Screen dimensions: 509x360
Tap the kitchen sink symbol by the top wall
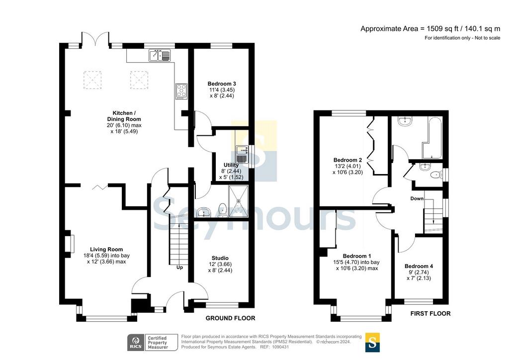tap(160, 55)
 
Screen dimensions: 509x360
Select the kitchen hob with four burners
tap(181, 91)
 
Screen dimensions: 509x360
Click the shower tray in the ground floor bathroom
tap(239, 201)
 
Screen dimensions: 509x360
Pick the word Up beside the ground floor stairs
tap(179, 268)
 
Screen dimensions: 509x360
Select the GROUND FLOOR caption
tap(231, 318)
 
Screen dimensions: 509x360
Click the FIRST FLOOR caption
tap(430, 314)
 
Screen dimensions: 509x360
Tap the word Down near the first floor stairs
tap(417, 199)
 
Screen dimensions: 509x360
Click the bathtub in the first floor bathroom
tap(432, 138)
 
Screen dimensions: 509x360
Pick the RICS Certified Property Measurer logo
tap(153, 343)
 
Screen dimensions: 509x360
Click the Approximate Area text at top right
tap(430, 28)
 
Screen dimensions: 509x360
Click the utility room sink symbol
tap(242, 155)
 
